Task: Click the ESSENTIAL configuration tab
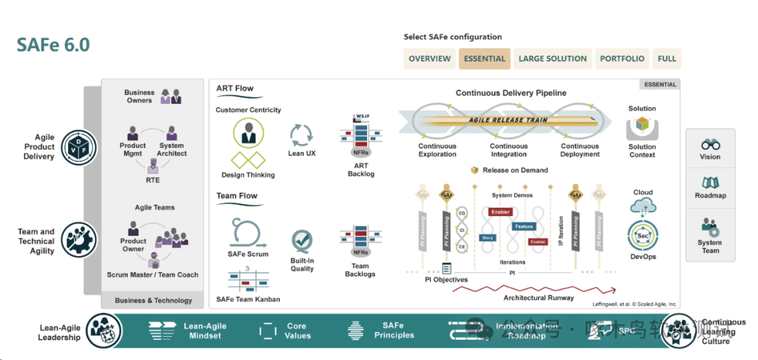pyautogui.click(x=484, y=59)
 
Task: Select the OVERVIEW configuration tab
pyautogui.click(x=430, y=59)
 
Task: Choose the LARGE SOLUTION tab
pyautogui.click(x=552, y=59)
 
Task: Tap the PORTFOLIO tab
pyautogui.click(x=622, y=59)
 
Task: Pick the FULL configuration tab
pyautogui.click(x=667, y=59)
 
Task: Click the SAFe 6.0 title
pyautogui.click(x=53, y=44)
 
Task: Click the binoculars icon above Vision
pyautogui.click(x=710, y=143)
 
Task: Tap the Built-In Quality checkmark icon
pyautogui.click(x=302, y=241)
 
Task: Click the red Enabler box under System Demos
pyautogui.click(x=500, y=211)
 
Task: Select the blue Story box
pyautogui.click(x=487, y=238)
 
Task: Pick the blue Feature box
pyautogui.click(x=524, y=227)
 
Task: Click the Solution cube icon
pyautogui.click(x=641, y=127)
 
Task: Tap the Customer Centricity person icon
pyautogui.click(x=248, y=133)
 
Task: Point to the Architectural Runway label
pyautogui.click(x=538, y=298)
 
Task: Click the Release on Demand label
pyautogui.click(x=514, y=170)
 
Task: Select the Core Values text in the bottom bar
pyautogui.click(x=297, y=331)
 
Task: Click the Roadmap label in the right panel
pyautogui.click(x=710, y=196)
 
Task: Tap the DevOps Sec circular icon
pyautogui.click(x=643, y=236)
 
